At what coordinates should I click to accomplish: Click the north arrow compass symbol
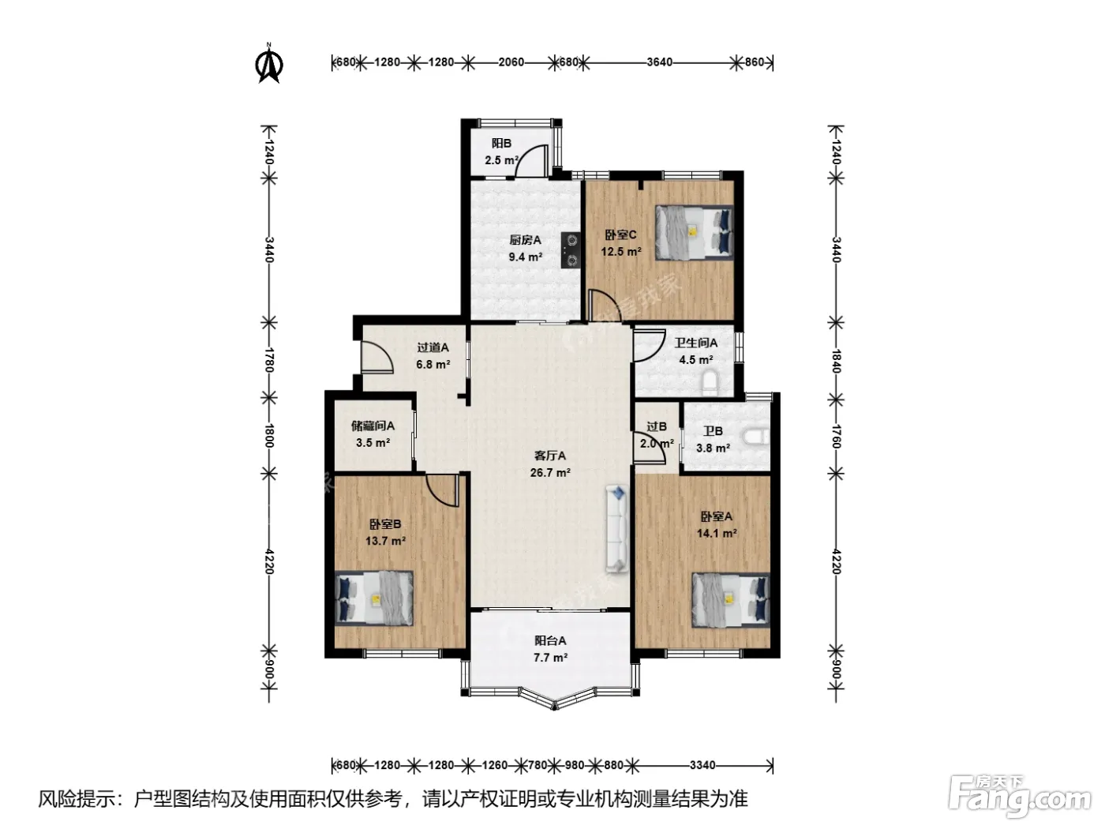tap(269, 63)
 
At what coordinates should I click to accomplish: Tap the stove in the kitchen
tap(571, 249)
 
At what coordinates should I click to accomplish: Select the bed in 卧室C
tap(694, 233)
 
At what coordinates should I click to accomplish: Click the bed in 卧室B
tap(374, 598)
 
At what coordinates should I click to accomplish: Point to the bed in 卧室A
tap(731, 599)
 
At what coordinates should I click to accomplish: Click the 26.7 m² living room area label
tap(550, 473)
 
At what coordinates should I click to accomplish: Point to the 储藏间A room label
tap(373, 426)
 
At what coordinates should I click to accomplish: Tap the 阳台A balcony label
tap(550, 641)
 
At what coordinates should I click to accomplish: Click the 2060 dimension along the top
tap(511, 62)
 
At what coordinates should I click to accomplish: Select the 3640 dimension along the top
tap(660, 62)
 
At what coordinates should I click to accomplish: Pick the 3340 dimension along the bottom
tap(702, 765)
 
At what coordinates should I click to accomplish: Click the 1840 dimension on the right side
tap(836, 361)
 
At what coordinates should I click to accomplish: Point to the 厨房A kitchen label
tap(525, 240)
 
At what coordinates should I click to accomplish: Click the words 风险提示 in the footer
tap(77, 799)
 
